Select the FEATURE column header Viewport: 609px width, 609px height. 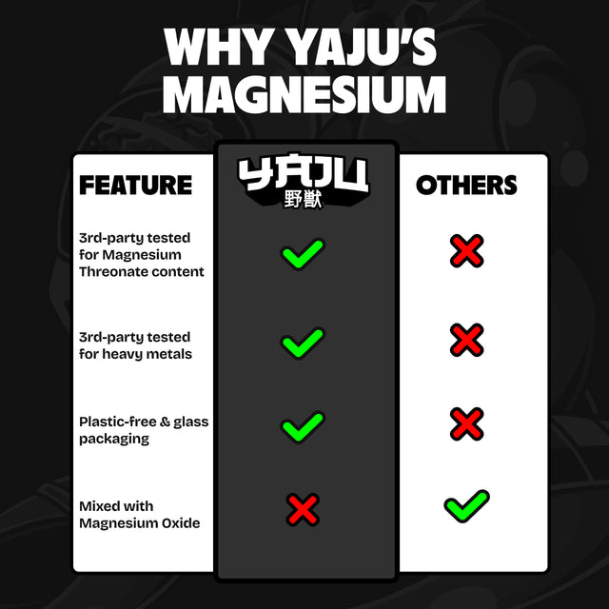135,185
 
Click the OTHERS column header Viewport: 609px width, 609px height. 466,185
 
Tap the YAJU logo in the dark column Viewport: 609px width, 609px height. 304,174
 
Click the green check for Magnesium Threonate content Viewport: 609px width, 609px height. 303,255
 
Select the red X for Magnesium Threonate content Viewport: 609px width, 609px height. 467,251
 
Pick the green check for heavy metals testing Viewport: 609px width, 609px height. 303,342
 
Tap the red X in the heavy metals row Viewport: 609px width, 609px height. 467,340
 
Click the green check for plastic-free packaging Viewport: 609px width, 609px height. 303,425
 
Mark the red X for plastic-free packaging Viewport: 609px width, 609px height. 467,423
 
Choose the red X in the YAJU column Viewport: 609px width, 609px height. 303,510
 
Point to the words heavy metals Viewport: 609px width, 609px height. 149,354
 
